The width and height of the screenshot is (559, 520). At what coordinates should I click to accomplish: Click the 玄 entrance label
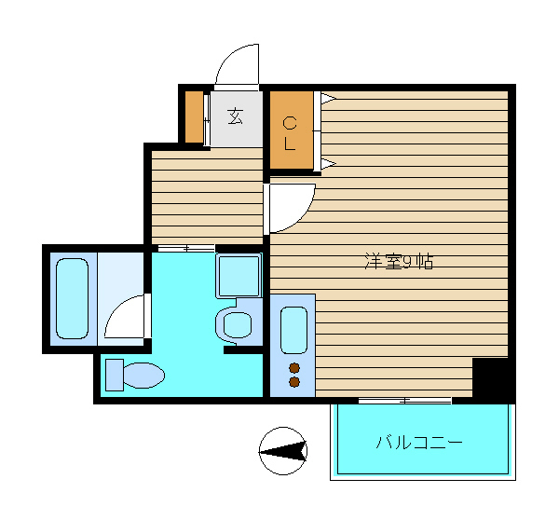pyautogui.click(x=236, y=116)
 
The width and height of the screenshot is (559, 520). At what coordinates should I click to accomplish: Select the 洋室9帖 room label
pyautogui.click(x=399, y=262)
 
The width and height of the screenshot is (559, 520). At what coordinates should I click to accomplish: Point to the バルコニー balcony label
pyautogui.click(x=419, y=443)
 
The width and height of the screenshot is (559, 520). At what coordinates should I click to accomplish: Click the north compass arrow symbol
pyautogui.click(x=282, y=451)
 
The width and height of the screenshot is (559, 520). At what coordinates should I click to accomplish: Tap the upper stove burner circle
pyautogui.click(x=294, y=368)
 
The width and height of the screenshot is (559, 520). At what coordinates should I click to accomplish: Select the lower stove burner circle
pyautogui.click(x=294, y=382)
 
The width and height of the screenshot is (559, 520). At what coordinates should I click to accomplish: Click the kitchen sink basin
pyautogui.click(x=293, y=330)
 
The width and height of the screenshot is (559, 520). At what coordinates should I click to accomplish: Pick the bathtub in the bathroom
pyautogui.click(x=72, y=298)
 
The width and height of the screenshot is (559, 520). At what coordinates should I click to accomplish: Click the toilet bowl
pyautogui.click(x=143, y=376)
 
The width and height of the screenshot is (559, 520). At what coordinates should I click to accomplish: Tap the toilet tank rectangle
pyautogui.click(x=115, y=375)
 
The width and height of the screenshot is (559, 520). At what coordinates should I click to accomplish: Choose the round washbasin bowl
pyautogui.click(x=237, y=325)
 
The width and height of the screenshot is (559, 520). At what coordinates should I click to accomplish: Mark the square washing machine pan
pyautogui.click(x=239, y=276)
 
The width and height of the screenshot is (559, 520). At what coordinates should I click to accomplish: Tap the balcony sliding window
pyautogui.click(x=404, y=401)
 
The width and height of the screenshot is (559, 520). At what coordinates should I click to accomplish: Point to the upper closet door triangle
pyautogui.click(x=327, y=98)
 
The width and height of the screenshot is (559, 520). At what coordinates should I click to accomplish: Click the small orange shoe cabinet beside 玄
pyautogui.click(x=194, y=117)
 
